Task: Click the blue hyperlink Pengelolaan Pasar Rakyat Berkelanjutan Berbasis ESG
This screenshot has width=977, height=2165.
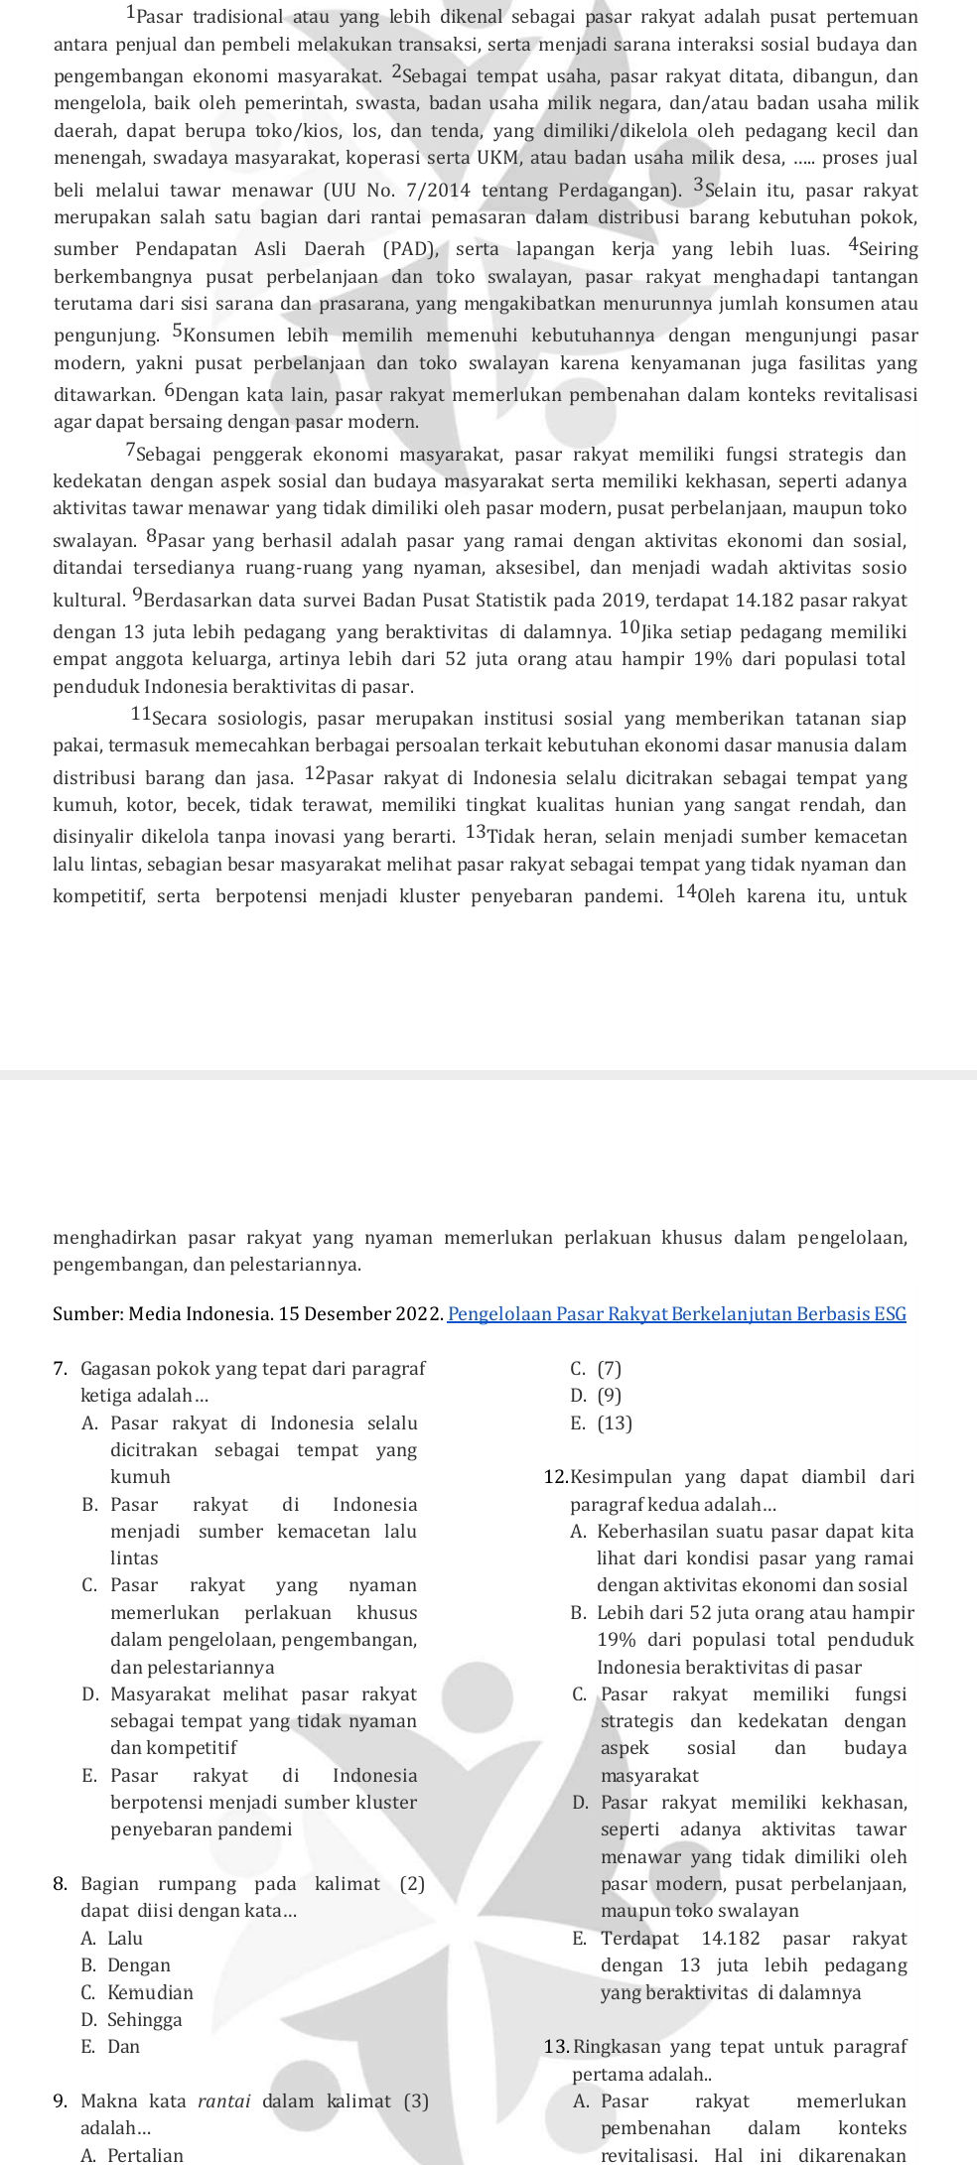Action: click(677, 1314)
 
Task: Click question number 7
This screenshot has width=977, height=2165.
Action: click(60, 1369)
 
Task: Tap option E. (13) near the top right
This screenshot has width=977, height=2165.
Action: click(602, 1423)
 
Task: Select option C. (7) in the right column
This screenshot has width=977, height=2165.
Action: click(597, 1369)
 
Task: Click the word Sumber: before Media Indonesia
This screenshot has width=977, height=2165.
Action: click(84, 1314)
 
